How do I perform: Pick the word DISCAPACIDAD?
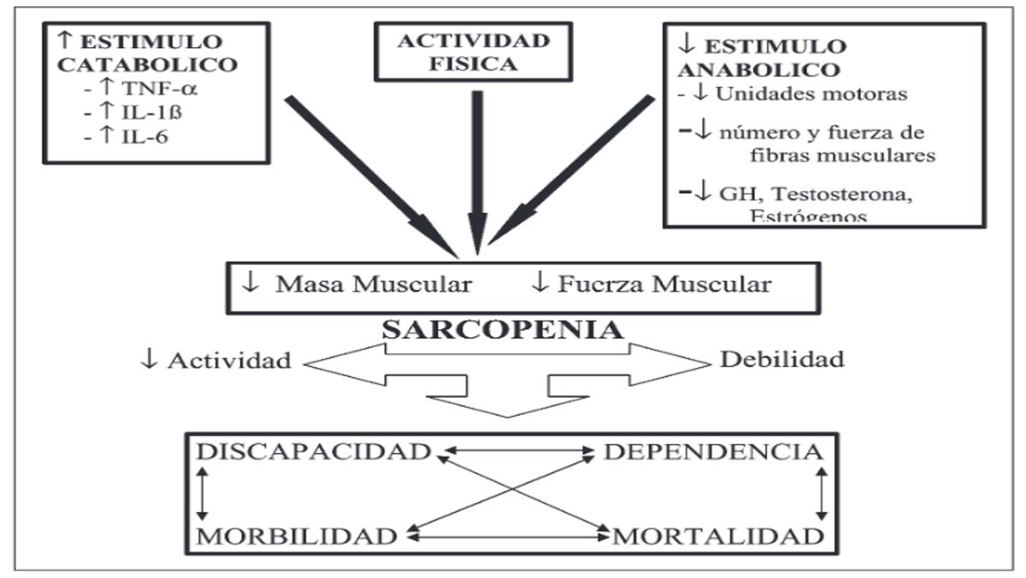(314, 452)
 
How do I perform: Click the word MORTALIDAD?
(716, 536)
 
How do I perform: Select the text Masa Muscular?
(372, 285)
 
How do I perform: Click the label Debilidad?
(781, 358)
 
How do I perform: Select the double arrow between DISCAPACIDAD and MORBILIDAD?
(203, 493)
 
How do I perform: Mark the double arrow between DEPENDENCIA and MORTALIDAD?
(823, 493)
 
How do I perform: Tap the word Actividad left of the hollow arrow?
(228, 360)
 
